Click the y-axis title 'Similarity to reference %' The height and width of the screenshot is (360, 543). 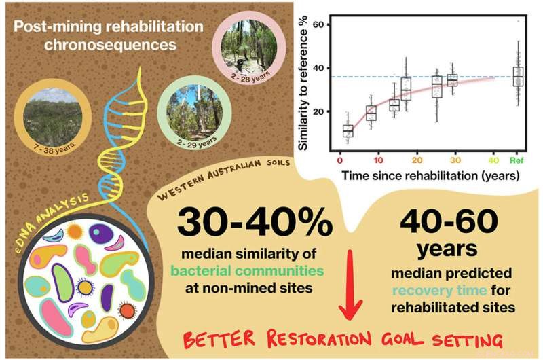pyautogui.click(x=302, y=81)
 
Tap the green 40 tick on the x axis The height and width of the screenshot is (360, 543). pyautogui.click(x=495, y=160)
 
